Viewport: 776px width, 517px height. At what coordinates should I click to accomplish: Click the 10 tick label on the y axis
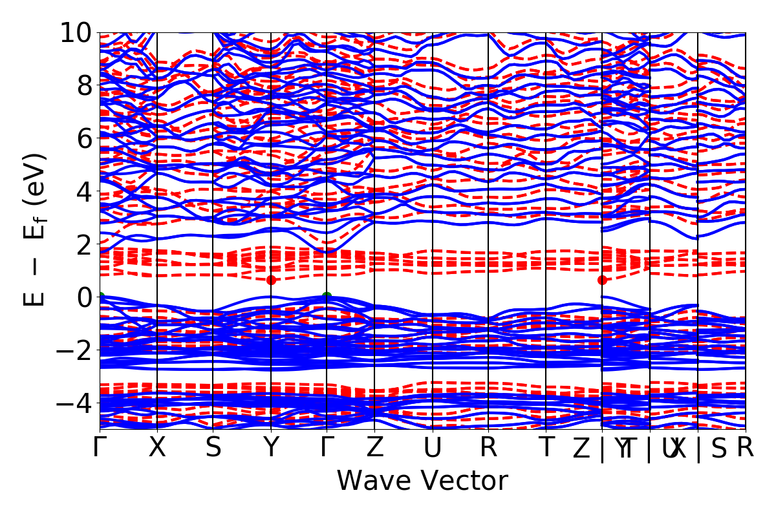coord(77,32)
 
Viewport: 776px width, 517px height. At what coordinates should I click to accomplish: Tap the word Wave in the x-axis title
coord(371,481)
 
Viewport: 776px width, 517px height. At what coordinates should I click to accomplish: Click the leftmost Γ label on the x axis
coord(100,448)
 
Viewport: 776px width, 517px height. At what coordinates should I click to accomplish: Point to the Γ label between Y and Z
coord(327,448)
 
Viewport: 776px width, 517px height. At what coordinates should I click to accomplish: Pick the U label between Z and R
coord(432,448)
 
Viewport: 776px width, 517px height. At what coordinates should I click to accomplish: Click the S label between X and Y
coord(213,448)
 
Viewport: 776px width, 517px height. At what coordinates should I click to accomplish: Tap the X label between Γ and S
coord(157,448)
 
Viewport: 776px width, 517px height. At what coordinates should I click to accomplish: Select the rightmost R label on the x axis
coord(746,448)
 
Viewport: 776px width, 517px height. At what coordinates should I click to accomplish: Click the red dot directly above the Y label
coord(271,280)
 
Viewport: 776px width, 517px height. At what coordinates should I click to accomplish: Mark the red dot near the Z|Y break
coord(603,280)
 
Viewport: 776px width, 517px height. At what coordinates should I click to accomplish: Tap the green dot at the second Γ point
coord(327,296)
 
